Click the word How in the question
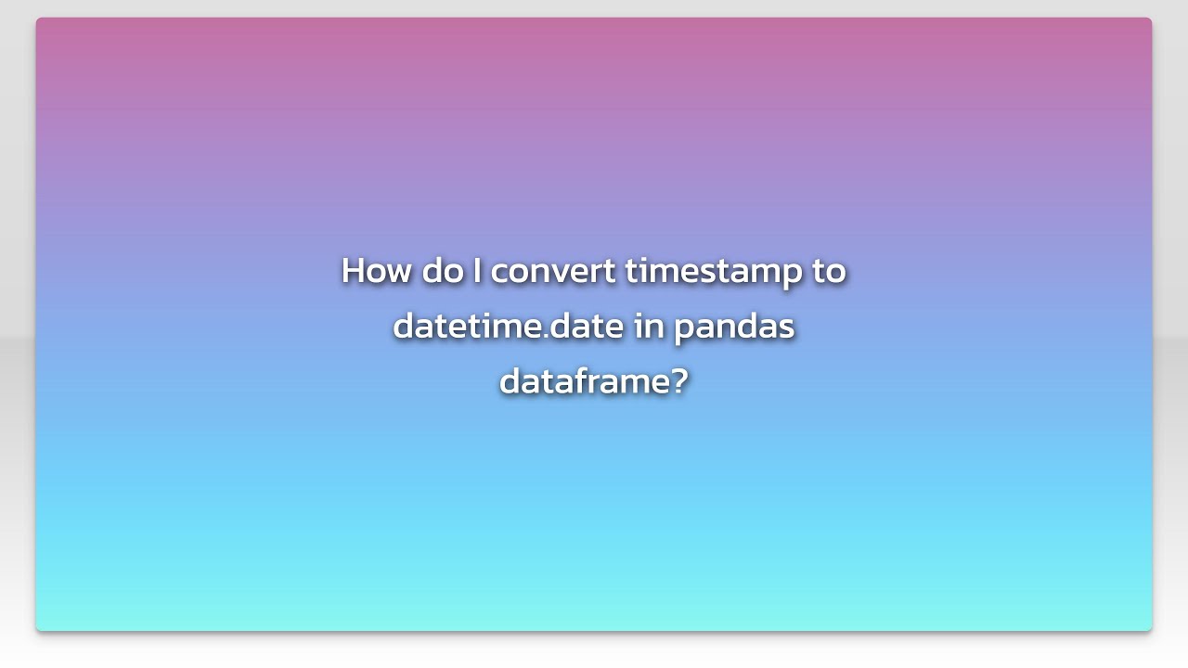click(x=376, y=271)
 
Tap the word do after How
click(x=442, y=271)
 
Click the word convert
click(x=553, y=271)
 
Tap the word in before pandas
click(x=650, y=326)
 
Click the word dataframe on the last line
click(x=583, y=380)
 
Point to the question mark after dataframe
click(x=678, y=380)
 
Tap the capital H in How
click(x=354, y=271)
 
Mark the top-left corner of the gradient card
click(x=37, y=19)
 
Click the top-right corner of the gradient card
click(x=1151, y=19)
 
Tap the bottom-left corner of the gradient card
click(x=37, y=630)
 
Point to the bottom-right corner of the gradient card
click(x=1151, y=630)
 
